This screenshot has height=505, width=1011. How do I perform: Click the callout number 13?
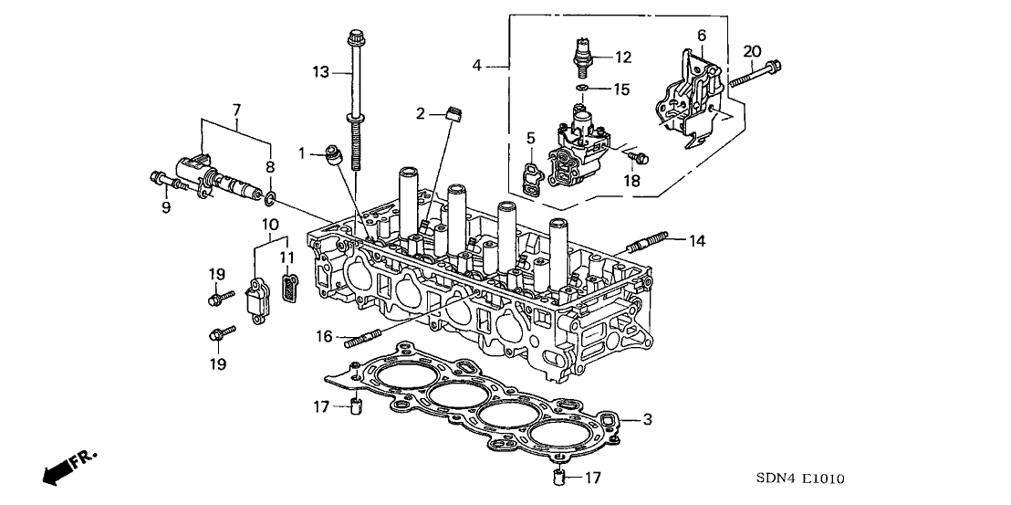click(319, 72)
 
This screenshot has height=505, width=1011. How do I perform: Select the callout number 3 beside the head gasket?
click(647, 420)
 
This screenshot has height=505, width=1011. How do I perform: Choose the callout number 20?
click(752, 50)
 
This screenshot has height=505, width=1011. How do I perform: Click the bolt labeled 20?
click(756, 73)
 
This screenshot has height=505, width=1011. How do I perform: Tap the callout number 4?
click(476, 65)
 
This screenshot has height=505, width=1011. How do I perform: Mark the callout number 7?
click(236, 110)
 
